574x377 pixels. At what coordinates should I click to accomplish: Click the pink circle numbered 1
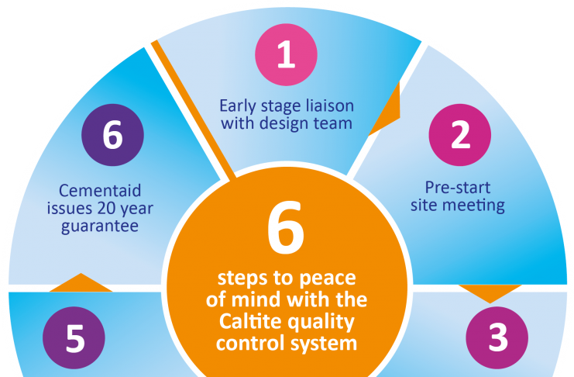[x=287, y=57]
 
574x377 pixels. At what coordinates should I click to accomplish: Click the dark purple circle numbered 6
[x=112, y=135]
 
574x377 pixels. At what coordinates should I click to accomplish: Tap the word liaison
[x=330, y=105]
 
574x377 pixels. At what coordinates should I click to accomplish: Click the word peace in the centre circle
[x=335, y=278]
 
